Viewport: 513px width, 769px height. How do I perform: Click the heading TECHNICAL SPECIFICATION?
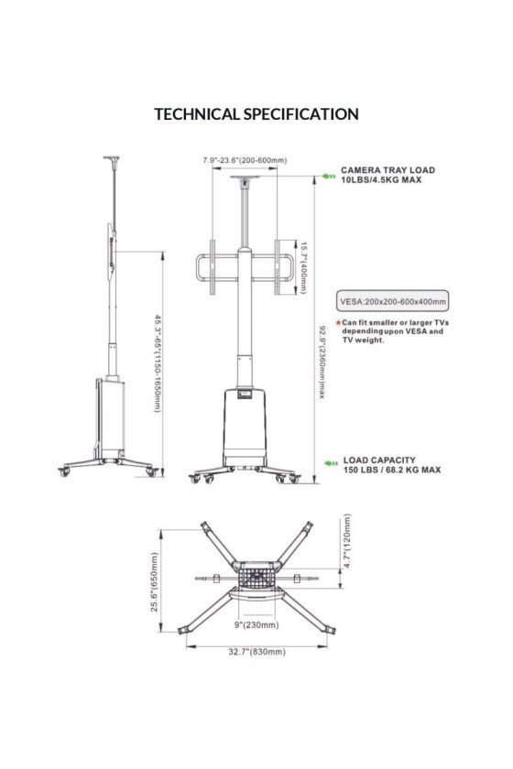(256, 114)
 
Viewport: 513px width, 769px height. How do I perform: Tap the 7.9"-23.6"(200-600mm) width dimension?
(245, 160)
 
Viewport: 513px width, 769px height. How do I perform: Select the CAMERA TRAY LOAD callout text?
(387, 175)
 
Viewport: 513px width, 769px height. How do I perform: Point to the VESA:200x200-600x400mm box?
(393, 301)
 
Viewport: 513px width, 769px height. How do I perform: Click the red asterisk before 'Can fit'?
(339, 323)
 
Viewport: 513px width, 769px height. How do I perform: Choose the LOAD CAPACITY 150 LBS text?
(391, 465)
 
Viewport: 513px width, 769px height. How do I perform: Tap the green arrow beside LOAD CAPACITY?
(330, 464)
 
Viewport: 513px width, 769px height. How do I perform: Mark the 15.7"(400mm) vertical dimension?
(302, 267)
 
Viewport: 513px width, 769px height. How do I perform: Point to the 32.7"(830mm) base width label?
(257, 651)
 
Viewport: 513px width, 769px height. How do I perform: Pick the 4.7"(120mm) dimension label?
(348, 542)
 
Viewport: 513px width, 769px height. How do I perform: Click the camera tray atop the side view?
(113, 158)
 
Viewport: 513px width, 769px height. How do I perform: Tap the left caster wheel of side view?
(64, 471)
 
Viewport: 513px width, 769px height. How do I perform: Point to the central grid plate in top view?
(256, 578)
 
